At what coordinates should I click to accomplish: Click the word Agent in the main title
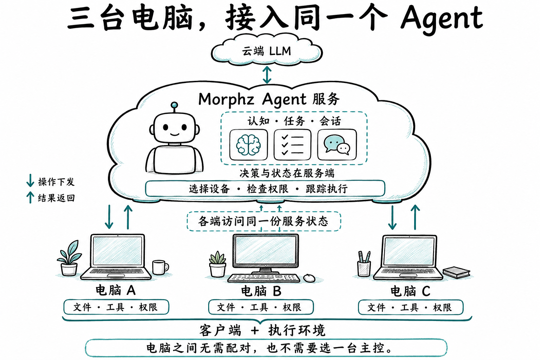tap(442, 20)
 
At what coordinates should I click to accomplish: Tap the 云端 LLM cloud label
tap(266, 51)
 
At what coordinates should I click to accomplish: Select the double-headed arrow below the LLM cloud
tap(267, 75)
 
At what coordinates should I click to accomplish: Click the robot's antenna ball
tap(174, 105)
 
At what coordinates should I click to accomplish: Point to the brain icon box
tap(249, 145)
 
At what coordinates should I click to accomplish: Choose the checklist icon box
tap(292, 145)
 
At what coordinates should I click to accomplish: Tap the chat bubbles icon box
tap(337, 145)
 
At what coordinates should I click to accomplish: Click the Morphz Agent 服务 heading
tap(269, 99)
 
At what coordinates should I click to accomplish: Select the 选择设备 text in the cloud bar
tap(209, 189)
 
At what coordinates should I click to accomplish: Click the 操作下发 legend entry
tap(51, 181)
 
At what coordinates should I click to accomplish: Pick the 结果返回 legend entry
tap(51, 198)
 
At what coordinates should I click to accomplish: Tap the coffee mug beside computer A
tap(160, 267)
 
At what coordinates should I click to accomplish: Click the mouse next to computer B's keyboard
tap(309, 278)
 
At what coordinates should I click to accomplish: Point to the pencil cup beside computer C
tap(364, 264)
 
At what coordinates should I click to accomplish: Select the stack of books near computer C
tap(456, 272)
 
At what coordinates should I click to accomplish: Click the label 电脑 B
tap(261, 291)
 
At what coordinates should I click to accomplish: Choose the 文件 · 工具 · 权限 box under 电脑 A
tap(116, 307)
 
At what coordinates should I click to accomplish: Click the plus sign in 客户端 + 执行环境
tap(255, 330)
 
